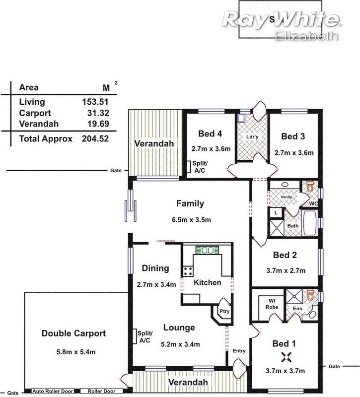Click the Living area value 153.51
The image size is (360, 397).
click(95, 102)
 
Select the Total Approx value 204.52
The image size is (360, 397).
click(95, 139)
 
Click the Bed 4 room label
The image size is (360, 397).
click(210, 134)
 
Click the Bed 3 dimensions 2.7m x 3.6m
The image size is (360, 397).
click(294, 153)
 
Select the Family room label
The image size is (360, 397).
click(190, 203)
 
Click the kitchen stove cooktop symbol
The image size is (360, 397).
click(188, 271)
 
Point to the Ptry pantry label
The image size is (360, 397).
click(224, 312)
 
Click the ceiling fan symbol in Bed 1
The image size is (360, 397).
click(287, 356)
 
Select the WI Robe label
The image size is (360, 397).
click(272, 303)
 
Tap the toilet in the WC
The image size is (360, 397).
click(310, 188)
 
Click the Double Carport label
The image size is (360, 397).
click(73, 333)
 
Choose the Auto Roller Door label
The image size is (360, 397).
click(53, 391)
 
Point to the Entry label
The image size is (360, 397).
click(239, 351)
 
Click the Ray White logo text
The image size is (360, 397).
click(281, 20)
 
